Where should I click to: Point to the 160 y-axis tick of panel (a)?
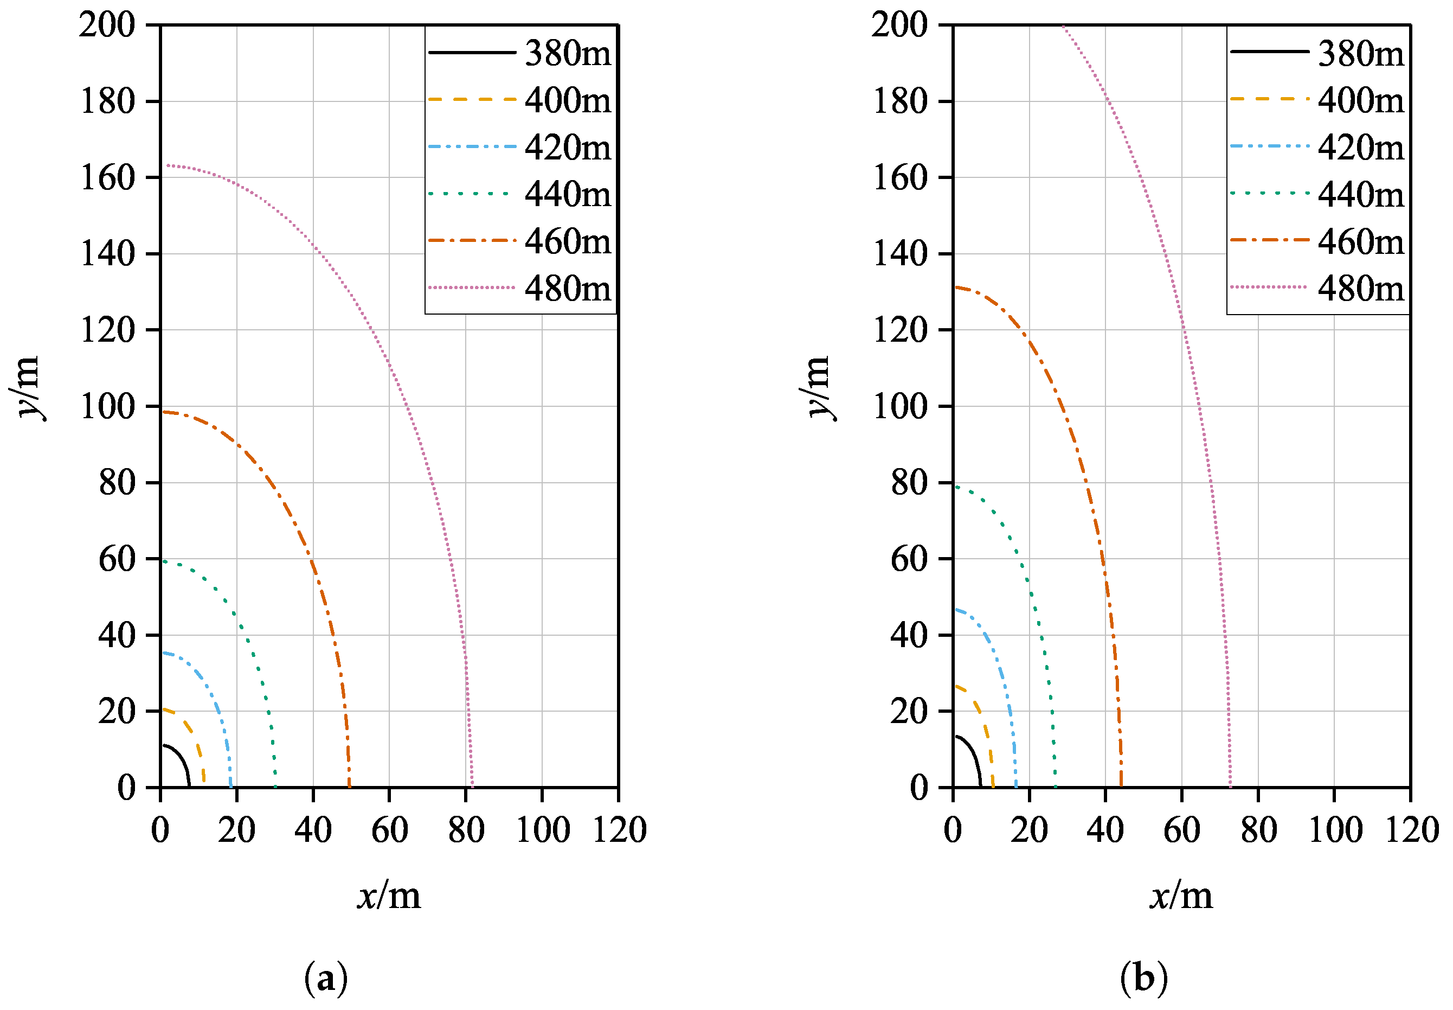107,178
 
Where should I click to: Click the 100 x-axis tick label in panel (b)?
1334,830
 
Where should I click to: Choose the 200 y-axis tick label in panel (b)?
898,25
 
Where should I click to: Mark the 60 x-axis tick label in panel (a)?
389,830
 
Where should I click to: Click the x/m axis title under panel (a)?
389,897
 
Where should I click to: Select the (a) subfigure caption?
326,979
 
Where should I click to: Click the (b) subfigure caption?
1143,979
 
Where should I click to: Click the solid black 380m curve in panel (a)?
182,759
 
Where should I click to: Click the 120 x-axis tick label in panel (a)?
619,830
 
